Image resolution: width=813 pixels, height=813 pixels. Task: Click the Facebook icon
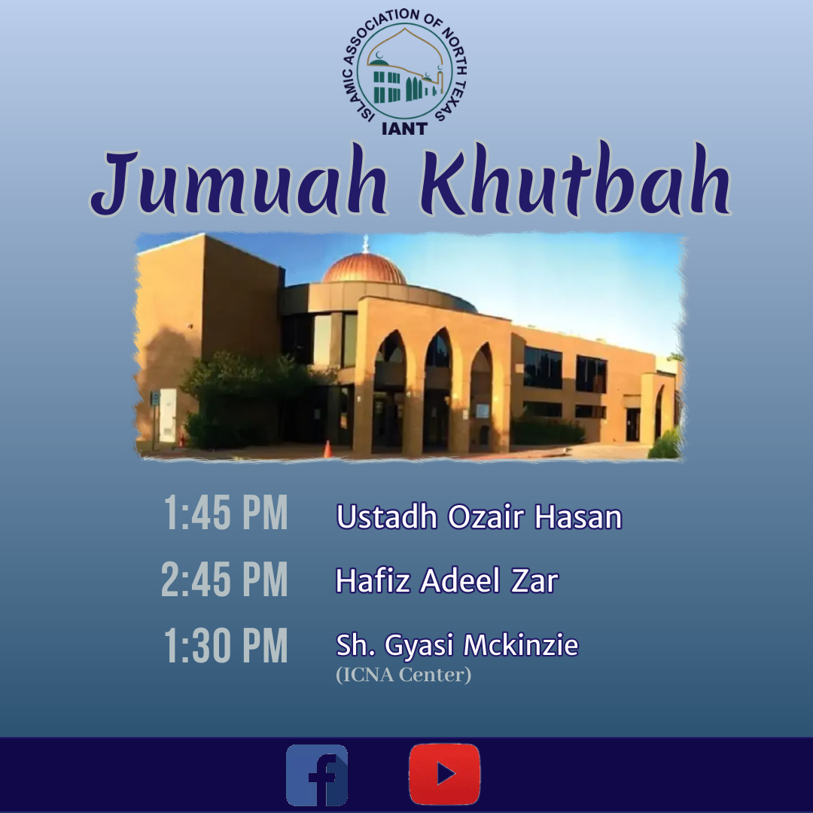(317, 775)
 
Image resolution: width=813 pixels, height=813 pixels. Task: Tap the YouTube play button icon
(444, 774)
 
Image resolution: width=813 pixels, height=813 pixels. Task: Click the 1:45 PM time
(226, 513)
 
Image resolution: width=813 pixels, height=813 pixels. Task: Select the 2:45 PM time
(224, 579)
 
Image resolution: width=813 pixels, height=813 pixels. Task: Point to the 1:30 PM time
(226, 645)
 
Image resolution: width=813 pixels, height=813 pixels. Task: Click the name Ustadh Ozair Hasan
(479, 516)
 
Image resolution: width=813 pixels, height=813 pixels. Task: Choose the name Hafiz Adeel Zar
(447, 580)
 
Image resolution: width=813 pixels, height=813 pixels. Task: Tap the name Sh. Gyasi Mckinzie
(457, 645)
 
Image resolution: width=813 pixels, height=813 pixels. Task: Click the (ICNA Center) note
(403, 674)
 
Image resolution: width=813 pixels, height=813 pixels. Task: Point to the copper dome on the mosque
(365, 268)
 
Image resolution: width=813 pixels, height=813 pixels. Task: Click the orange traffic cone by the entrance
(327, 449)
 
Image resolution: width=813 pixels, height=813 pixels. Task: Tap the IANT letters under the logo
(404, 128)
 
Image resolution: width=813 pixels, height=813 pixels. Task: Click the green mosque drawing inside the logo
(404, 77)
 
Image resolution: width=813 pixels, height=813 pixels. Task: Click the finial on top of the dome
(366, 243)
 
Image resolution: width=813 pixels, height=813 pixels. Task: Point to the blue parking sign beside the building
(154, 399)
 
